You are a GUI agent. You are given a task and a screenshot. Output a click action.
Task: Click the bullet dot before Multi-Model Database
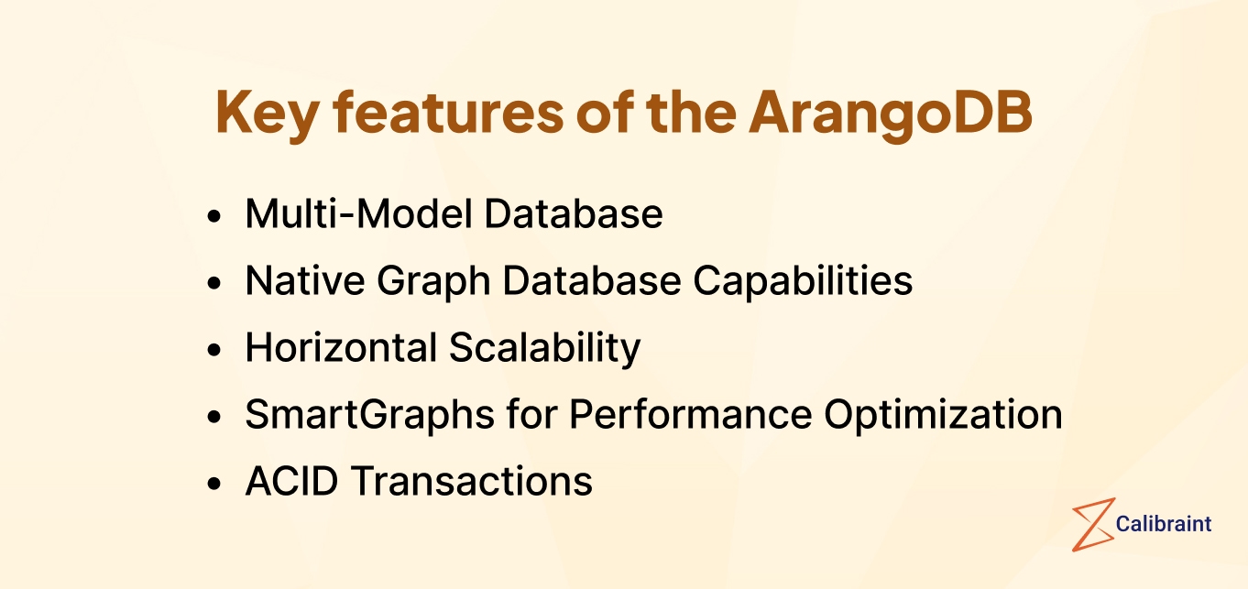pyautogui.click(x=214, y=216)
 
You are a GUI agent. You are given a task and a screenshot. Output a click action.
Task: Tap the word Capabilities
pyautogui.click(x=803, y=281)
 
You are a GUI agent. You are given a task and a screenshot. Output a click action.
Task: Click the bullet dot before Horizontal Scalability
pyautogui.click(x=214, y=350)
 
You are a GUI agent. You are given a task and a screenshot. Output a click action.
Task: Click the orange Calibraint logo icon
pyautogui.click(x=1092, y=525)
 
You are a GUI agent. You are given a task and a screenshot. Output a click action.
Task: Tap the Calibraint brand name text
pyautogui.click(x=1164, y=524)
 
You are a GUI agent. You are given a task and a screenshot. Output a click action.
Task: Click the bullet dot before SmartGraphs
pyautogui.click(x=214, y=417)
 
